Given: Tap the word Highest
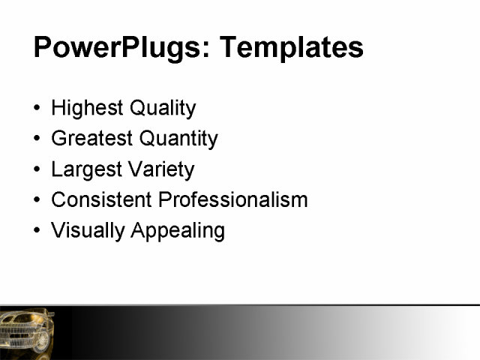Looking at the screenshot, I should pos(88,108).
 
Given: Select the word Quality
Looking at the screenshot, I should pos(163,108).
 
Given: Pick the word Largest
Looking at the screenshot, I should pos(85,169).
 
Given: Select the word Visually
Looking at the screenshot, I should pos(88,230).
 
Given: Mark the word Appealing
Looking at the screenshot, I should pos(178,230).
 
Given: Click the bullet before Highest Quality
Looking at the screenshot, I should pos(38,109).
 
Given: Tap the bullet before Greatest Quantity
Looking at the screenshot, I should pos(38,139).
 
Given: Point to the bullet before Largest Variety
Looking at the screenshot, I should pos(38,170).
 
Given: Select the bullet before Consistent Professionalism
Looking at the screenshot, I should pos(38,201).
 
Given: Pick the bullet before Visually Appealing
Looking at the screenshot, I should pos(38,231).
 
